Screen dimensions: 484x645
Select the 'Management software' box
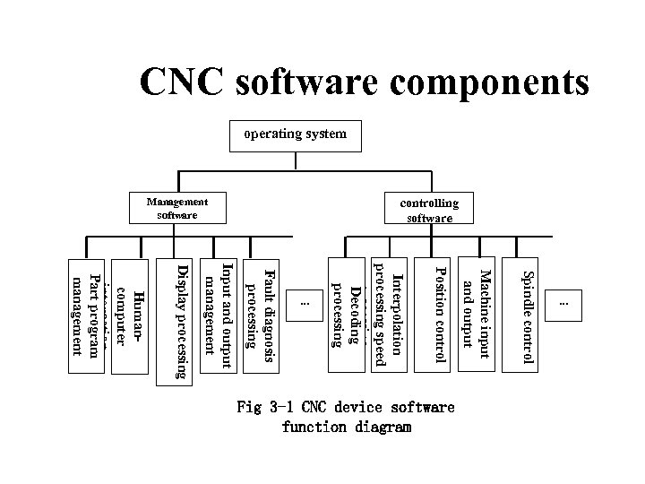[176, 208]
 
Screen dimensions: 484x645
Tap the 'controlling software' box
[429, 210]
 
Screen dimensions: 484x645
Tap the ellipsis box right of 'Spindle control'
[563, 304]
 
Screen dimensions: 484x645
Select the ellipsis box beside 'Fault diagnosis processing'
[305, 304]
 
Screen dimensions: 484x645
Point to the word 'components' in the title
[487, 82]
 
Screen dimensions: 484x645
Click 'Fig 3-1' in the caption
[269, 408]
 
